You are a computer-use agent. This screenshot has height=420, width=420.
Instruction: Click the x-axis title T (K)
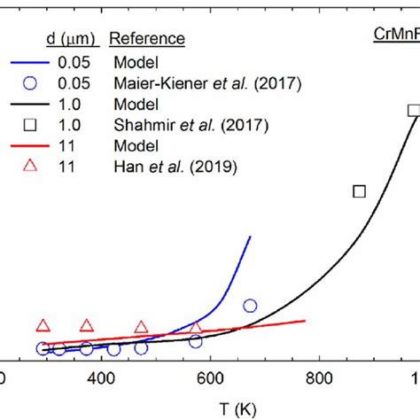pos(210,405)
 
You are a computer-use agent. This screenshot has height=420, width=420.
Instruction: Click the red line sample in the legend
pos(32,144)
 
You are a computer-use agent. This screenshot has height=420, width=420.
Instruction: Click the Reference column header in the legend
pos(147,39)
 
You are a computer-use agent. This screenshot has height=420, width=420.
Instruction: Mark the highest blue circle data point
pos(250,306)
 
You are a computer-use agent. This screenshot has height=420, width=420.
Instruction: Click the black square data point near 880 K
pos(359,191)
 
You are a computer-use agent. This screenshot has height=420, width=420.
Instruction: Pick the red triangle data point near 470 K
pos(141,327)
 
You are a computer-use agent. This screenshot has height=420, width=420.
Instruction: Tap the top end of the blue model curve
pos(251,237)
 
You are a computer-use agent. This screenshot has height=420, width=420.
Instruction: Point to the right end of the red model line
pos(306,321)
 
